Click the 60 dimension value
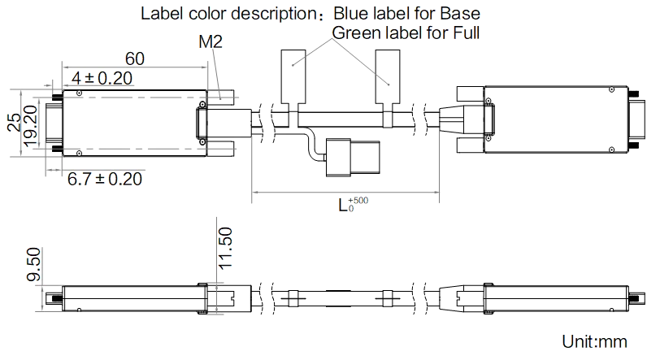pos(134,59)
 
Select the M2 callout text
pos(211,41)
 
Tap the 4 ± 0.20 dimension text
pos(102,78)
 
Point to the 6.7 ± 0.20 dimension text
pos(105,179)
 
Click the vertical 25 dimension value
pos(15,123)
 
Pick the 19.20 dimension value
pos(31,126)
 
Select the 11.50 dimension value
pos(225,249)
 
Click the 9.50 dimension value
pos(34,264)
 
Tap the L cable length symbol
pos(343,205)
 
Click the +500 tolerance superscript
pos(358,201)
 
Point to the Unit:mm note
pos(595,341)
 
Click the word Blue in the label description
pos(351,14)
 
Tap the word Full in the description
pos(467,33)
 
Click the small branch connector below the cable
pos(353,158)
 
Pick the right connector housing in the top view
pos(556,119)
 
